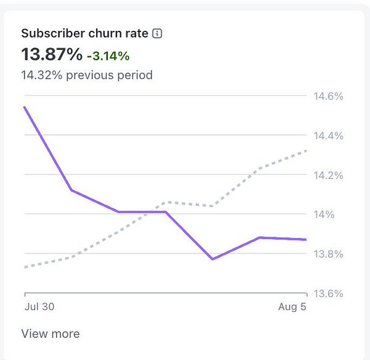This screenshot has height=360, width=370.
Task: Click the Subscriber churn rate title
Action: coord(84,33)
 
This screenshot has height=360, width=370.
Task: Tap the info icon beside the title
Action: coord(157,33)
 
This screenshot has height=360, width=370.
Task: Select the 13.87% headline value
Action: coord(52,54)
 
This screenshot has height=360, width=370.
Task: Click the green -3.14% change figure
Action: coord(108,55)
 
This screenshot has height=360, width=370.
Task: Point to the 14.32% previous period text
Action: coord(87,75)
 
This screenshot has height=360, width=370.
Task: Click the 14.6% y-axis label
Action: coord(328,96)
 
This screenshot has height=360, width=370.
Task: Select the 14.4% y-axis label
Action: coord(328,136)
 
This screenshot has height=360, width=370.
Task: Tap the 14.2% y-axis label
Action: coord(328,175)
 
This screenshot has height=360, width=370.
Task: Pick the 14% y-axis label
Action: coord(324,215)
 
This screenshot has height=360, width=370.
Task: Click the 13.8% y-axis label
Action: coord(328,254)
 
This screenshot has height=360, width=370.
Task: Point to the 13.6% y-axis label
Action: coord(328,293)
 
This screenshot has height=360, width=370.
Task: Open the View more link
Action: coord(51,334)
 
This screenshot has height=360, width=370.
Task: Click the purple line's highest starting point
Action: coord(25,107)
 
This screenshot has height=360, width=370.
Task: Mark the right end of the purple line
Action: coord(306,239)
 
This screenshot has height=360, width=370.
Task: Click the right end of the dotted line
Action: coord(306,150)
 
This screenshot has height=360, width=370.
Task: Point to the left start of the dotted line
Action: coord(25,267)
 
